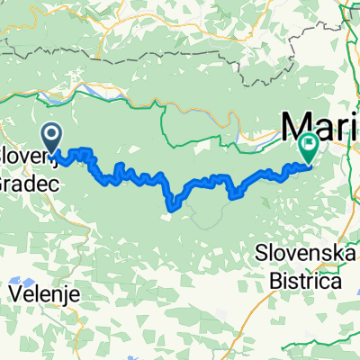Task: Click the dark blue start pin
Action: click(51, 138)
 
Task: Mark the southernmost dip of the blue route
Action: click(171, 211)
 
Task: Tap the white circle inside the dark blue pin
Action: click(51, 136)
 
